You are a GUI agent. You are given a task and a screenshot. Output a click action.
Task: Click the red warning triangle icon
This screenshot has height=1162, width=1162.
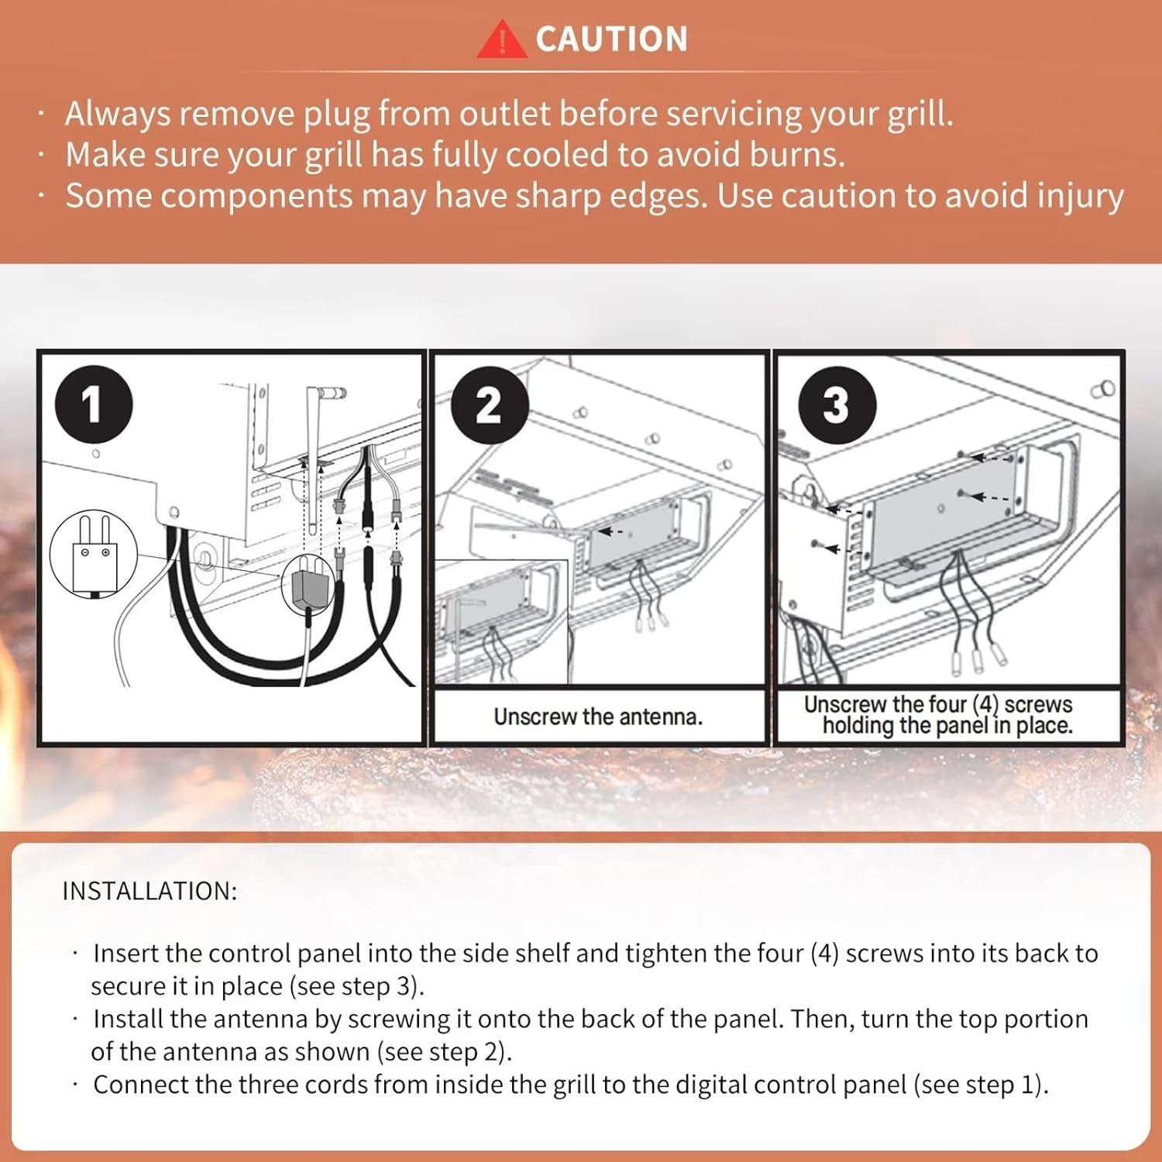click(502, 40)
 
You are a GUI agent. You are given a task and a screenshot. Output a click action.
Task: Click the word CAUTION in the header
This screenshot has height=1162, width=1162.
click(611, 40)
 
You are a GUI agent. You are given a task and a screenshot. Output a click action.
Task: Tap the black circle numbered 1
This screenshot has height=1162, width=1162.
click(94, 404)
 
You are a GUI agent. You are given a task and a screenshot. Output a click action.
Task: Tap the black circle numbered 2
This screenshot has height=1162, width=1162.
click(490, 404)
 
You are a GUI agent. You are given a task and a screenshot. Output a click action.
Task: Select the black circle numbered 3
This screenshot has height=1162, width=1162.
click(837, 404)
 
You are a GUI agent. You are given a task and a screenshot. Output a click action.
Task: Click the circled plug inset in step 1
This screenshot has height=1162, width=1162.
click(94, 553)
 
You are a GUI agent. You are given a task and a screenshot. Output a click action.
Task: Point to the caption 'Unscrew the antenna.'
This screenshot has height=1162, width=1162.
click(598, 717)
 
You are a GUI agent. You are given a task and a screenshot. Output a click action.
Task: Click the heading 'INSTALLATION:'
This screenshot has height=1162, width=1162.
click(150, 891)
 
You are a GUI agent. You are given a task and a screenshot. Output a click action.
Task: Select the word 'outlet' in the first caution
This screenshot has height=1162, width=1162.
click(505, 114)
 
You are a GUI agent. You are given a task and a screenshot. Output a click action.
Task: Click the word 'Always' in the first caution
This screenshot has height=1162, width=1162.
click(118, 115)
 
